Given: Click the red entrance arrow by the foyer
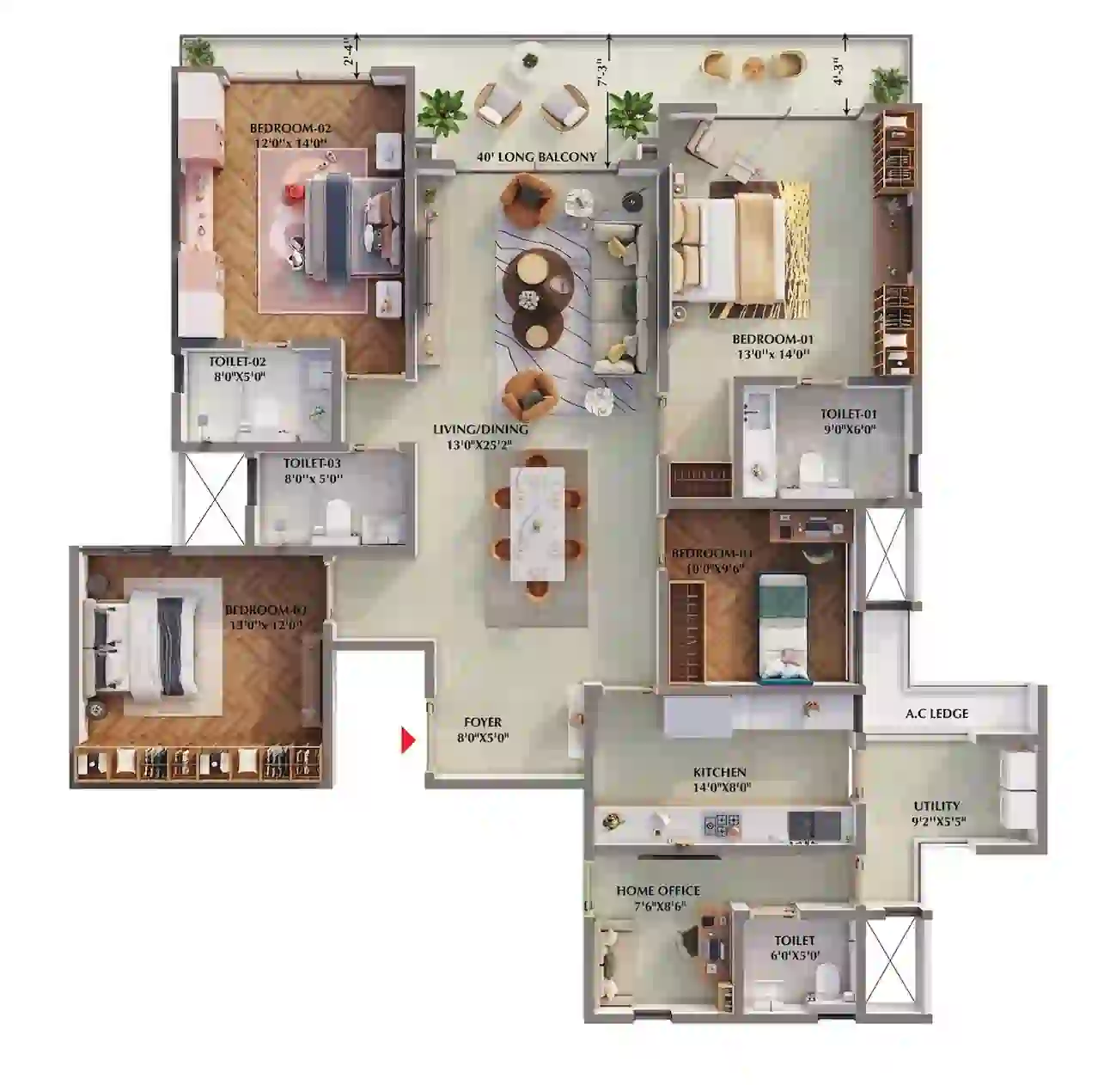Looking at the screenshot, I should pyautogui.click(x=407, y=739).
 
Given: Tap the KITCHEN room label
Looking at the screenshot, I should pyautogui.click(x=720, y=772).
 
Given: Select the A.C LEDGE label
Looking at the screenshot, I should pyautogui.click(x=936, y=714).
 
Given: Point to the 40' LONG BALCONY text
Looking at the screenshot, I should pyautogui.click(x=537, y=157).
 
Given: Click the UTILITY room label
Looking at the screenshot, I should pyautogui.click(x=936, y=806).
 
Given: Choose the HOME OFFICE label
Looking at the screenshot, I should pyautogui.click(x=658, y=891).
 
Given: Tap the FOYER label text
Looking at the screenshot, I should pyautogui.click(x=482, y=722).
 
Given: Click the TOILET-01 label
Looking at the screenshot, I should pyautogui.click(x=849, y=414).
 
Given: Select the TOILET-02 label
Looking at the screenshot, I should pyautogui.click(x=238, y=362).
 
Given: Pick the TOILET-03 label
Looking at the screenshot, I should pyautogui.click(x=312, y=463).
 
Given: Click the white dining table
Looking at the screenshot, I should pyautogui.click(x=537, y=522).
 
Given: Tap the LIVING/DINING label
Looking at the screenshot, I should pyautogui.click(x=481, y=429).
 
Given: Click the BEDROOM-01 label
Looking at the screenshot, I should pyautogui.click(x=772, y=340).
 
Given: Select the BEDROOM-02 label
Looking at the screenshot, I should pyautogui.click(x=290, y=129).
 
